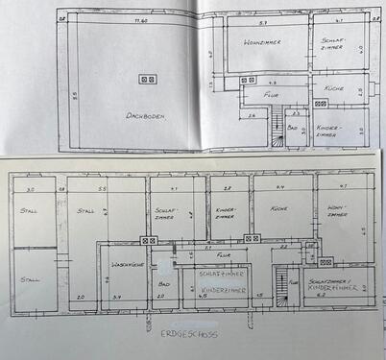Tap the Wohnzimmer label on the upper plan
pyautogui.click(x=261, y=43)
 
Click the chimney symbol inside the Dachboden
pyautogui.click(x=146, y=79)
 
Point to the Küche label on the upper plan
pyautogui.click(x=333, y=87)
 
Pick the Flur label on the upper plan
pyautogui.click(x=272, y=96)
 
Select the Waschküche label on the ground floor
pyautogui.click(x=128, y=263)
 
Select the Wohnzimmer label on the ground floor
pyautogui.click(x=336, y=212)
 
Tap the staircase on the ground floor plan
pyautogui.click(x=281, y=282)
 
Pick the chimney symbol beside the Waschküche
pyautogui.click(x=149, y=240)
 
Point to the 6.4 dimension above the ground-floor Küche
pyautogui.click(x=280, y=188)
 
